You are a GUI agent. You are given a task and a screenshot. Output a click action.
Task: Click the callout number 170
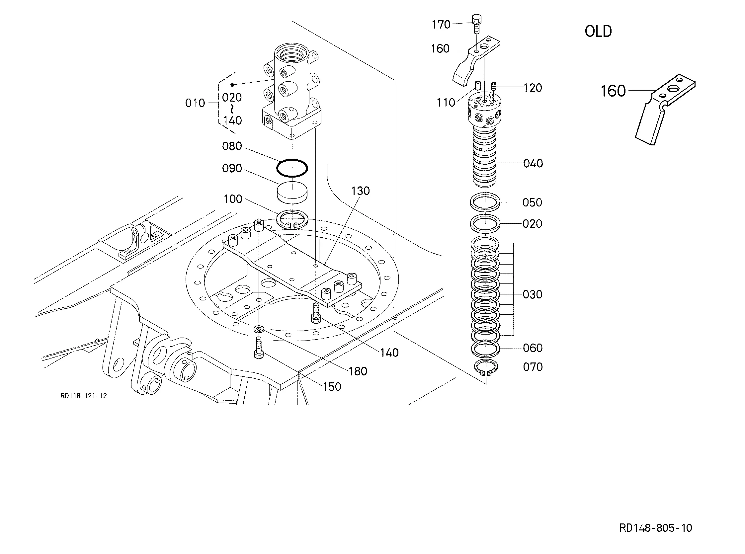[441, 25]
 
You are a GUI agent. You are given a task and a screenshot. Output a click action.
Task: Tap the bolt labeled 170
[476, 24]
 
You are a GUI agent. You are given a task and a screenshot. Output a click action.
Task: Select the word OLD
[598, 32]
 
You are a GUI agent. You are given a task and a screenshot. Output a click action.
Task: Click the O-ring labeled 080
[292, 168]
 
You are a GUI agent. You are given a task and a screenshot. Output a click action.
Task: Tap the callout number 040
[533, 163]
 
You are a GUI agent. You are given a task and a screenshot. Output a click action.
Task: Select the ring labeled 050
[485, 202]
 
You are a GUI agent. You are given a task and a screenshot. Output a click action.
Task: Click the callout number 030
[533, 294]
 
